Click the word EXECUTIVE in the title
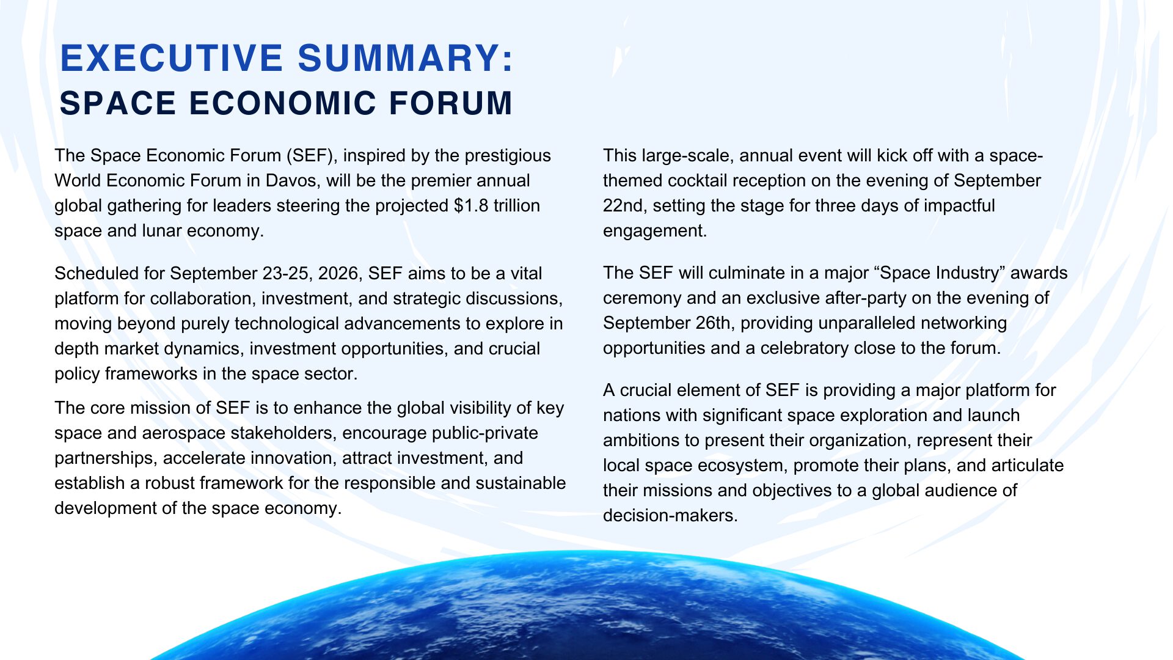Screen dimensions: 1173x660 point(172,59)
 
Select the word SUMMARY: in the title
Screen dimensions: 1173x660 point(406,59)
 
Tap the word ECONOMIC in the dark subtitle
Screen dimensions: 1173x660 point(282,103)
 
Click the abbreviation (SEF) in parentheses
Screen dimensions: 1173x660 point(312,156)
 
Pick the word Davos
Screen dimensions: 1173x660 point(290,181)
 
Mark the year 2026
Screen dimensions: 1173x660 point(338,274)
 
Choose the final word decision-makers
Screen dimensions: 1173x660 point(670,516)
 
